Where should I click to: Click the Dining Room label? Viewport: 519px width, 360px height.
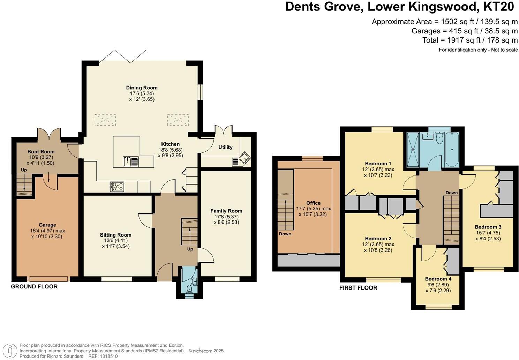pos(142,88)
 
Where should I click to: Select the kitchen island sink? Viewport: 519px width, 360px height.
pos(131,161)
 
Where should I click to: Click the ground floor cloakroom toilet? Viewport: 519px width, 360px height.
pos(189,289)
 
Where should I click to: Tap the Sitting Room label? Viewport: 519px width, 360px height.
pos(115,235)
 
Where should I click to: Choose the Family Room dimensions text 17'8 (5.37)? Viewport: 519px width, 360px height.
pos(226,217)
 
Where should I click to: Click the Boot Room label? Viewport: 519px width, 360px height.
pos(41,151)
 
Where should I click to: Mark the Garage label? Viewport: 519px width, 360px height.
pos(47,225)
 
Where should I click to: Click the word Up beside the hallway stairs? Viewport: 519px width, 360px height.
pos(190,249)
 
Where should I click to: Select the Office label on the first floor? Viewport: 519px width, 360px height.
pos(313,203)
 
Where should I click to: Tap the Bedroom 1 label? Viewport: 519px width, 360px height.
pos(378,163)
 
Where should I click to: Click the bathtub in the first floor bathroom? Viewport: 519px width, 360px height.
pos(452,149)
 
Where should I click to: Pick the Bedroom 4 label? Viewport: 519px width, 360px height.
pos(438,279)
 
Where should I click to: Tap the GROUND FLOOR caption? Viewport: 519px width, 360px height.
pos(34,286)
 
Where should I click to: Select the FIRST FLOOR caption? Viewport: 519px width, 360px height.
pos(358,288)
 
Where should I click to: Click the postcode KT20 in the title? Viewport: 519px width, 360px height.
pos(499,7)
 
